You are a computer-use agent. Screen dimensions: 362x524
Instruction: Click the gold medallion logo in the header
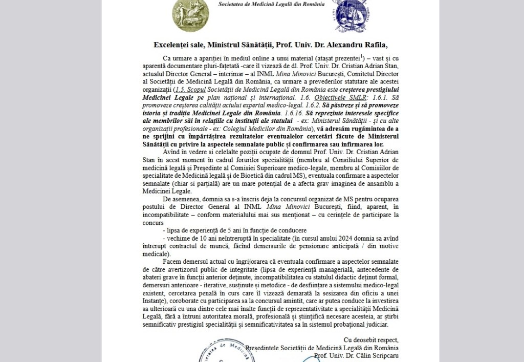tap(187, 13)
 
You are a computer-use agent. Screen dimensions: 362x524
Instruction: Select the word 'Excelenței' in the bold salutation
tap(171, 45)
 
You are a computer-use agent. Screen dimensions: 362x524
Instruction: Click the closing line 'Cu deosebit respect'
tap(370, 340)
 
